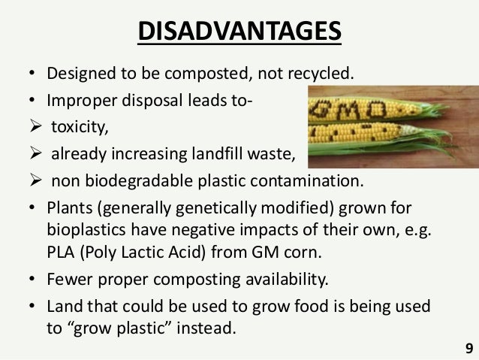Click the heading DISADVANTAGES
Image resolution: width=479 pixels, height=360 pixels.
(239, 34)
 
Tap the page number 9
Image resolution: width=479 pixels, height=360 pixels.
(469, 348)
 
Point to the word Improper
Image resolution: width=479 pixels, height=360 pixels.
(79, 101)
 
